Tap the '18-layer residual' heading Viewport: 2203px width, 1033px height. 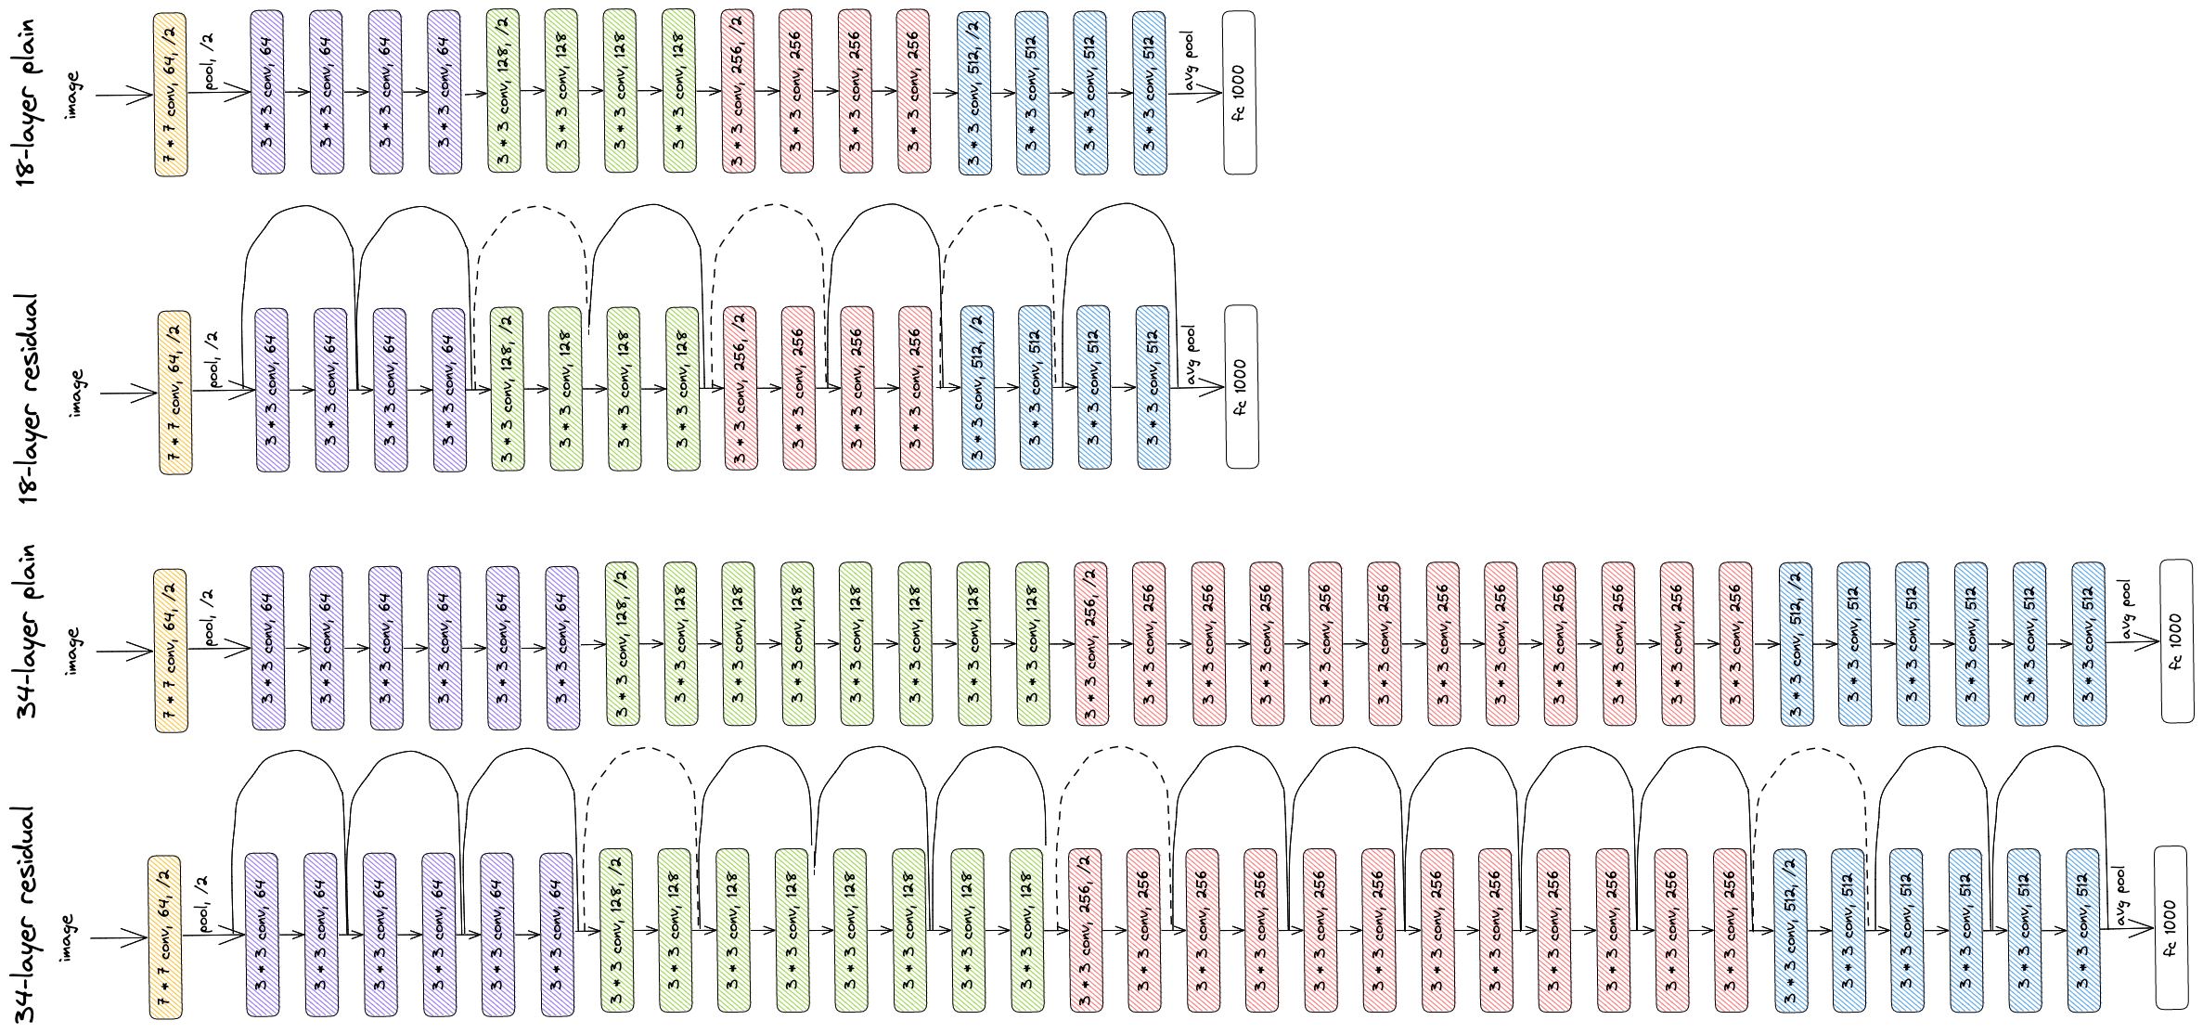[x=31, y=399]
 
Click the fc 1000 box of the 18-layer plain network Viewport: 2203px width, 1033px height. [x=1239, y=93]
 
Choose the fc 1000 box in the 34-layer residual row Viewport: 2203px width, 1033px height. [x=2170, y=928]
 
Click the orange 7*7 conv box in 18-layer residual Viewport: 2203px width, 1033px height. [x=174, y=393]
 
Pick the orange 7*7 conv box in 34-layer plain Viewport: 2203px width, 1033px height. [x=171, y=651]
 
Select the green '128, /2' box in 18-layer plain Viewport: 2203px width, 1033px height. [x=504, y=92]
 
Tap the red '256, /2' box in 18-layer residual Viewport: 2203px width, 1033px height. [x=740, y=388]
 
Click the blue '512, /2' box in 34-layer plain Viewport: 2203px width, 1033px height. [x=1796, y=643]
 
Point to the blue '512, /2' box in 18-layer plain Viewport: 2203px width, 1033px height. [x=973, y=93]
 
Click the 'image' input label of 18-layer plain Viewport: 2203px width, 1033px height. [x=73, y=95]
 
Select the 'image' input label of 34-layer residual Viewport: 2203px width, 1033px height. [x=68, y=937]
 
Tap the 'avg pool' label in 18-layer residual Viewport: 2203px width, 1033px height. [x=1192, y=355]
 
